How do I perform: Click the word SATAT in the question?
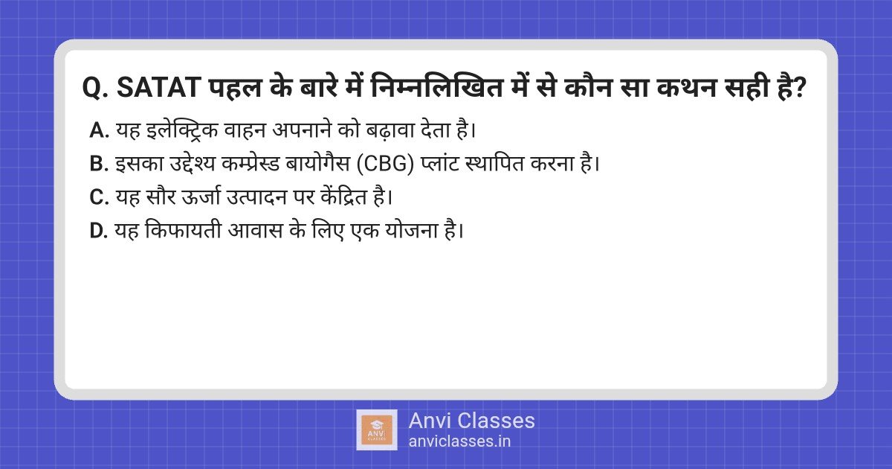click(158, 87)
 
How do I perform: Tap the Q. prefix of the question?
click(95, 88)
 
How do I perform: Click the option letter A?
click(99, 130)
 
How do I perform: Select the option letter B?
click(99, 164)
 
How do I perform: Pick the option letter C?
click(99, 197)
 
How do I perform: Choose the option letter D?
click(99, 231)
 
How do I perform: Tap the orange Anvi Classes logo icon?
click(377, 430)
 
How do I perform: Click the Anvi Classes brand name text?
click(471, 421)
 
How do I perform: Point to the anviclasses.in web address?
click(459, 441)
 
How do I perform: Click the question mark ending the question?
click(800, 87)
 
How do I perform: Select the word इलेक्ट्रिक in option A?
click(182, 130)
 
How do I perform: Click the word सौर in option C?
click(161, 197)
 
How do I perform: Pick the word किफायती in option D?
click(183, 230)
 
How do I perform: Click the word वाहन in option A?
click(245, 130)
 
